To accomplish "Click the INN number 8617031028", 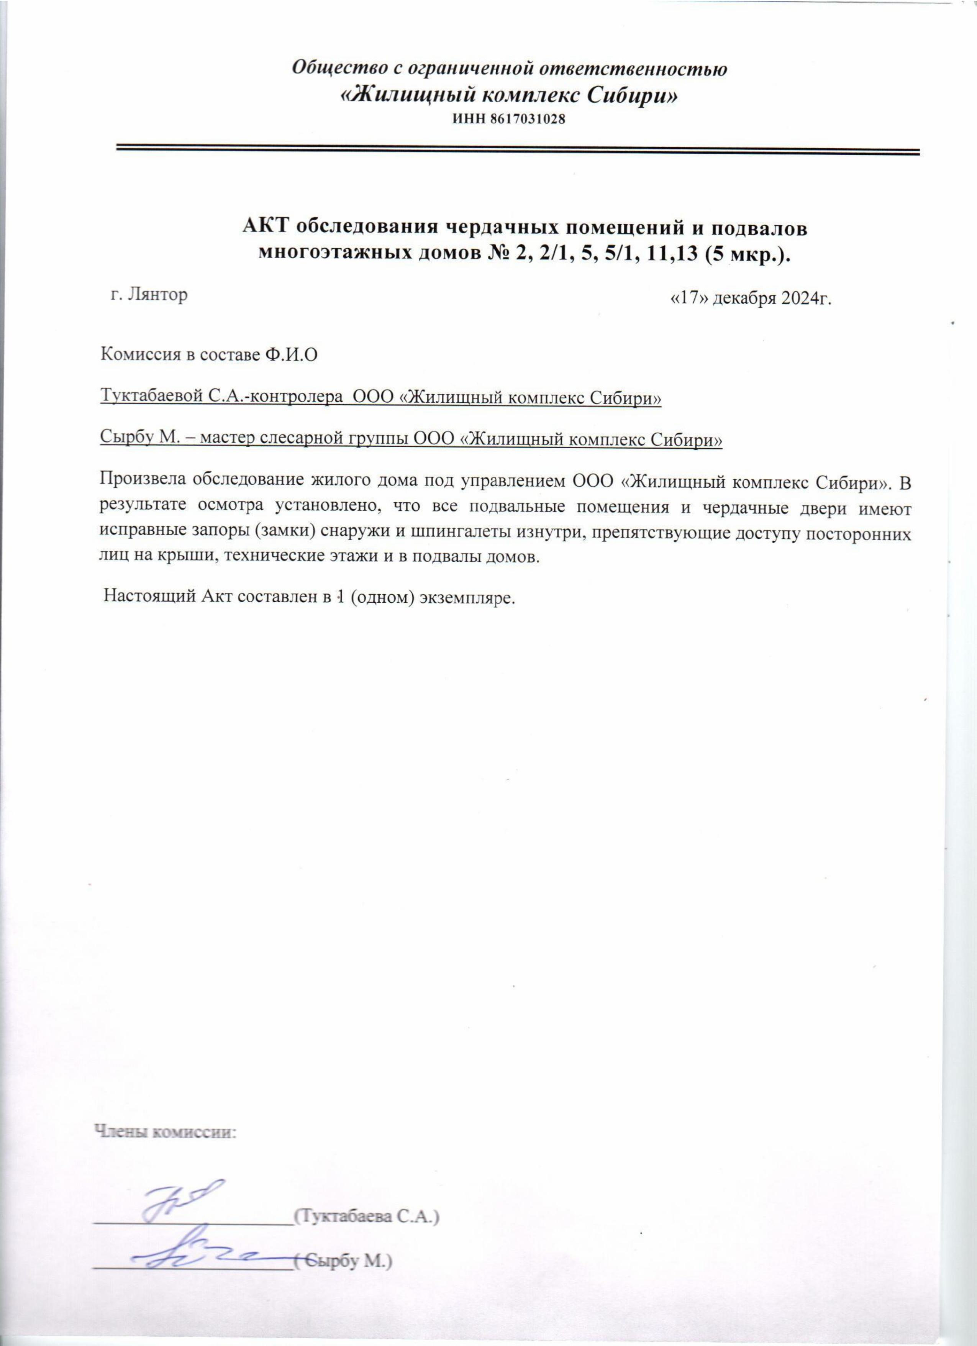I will [x=526, y=119].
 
